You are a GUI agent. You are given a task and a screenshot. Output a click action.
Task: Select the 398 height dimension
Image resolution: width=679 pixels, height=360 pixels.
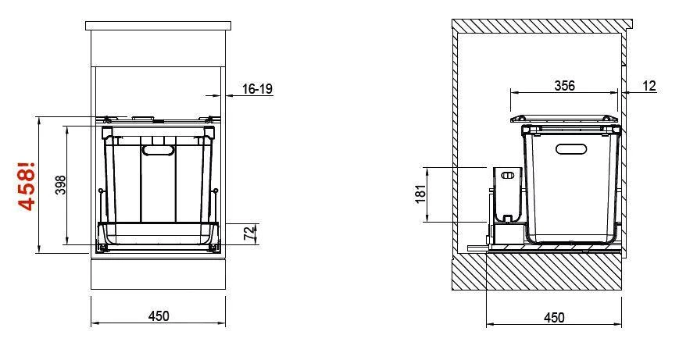pyautogui.click(x=61, y=185)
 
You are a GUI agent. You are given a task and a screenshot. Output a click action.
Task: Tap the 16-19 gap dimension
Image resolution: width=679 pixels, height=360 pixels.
pyautogui.click(x=257, y=90)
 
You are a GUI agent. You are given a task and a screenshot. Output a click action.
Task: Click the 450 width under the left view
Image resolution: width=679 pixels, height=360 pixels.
pyautogui.click(x=159, y=316)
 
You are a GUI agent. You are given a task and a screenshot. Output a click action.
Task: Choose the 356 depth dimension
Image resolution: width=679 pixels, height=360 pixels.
pyautogui.click(x=563, y=85)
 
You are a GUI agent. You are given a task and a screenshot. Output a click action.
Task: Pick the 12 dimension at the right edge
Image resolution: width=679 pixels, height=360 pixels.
pyautogui.click(x=650, y=85)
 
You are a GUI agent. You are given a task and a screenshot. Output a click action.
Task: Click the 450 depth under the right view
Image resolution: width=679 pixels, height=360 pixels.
pyautogui.click(x=553, y=318)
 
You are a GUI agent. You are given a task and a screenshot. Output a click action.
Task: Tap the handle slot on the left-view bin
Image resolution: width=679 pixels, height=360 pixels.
pyautogui.click(x=159, y=148)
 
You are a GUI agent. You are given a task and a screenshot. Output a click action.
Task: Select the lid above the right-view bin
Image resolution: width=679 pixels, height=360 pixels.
pyautogui.click(x=564, y=119)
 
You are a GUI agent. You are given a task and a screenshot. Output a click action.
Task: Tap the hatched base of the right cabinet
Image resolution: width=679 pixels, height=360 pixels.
pyautogui.click(x=539, y=274)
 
